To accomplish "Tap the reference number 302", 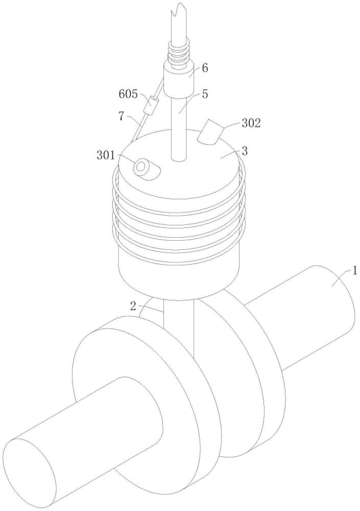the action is (x=251, y=123).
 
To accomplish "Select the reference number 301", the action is (x=106, y=155).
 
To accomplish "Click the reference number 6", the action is (x=205, y=68).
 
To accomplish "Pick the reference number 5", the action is (x=205, y=94).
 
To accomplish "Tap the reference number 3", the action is (x=245, y=151).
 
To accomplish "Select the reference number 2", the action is (x=133, y=306).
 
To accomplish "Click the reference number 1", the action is (x=355, y=270).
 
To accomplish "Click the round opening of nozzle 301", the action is (x=141, y=166).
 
